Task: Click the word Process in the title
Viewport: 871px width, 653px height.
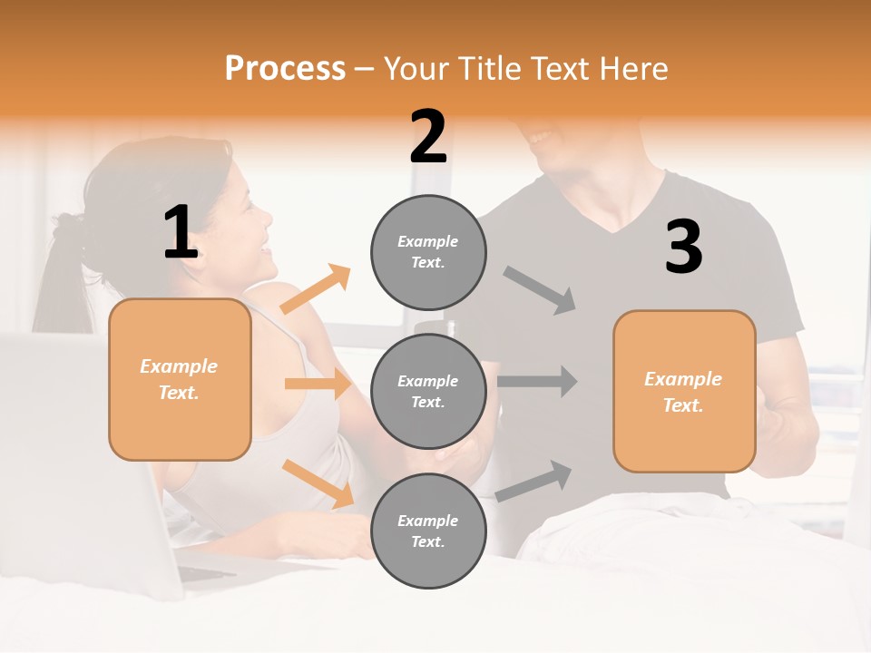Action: coord(285,69)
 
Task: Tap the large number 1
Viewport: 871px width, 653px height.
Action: coord(181,232)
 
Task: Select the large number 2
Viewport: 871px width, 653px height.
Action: coord(428,137)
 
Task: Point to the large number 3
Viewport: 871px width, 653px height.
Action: coord(683,248)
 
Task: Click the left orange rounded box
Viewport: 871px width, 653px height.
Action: coord(180,379)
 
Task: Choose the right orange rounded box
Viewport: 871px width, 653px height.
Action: coord(684,391)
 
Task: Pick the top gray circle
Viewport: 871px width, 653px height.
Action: coord(428,252)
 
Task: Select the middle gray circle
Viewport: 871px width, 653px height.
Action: coord(428,391)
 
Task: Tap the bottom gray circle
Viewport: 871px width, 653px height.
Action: coord(428,531)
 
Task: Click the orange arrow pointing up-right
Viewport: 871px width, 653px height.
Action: coord(316,289)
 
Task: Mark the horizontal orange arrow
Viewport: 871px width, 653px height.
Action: coord(318,384)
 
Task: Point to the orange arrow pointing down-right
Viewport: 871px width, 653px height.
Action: coord(318,483)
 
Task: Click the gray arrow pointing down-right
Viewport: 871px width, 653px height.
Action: coord(540,290)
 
